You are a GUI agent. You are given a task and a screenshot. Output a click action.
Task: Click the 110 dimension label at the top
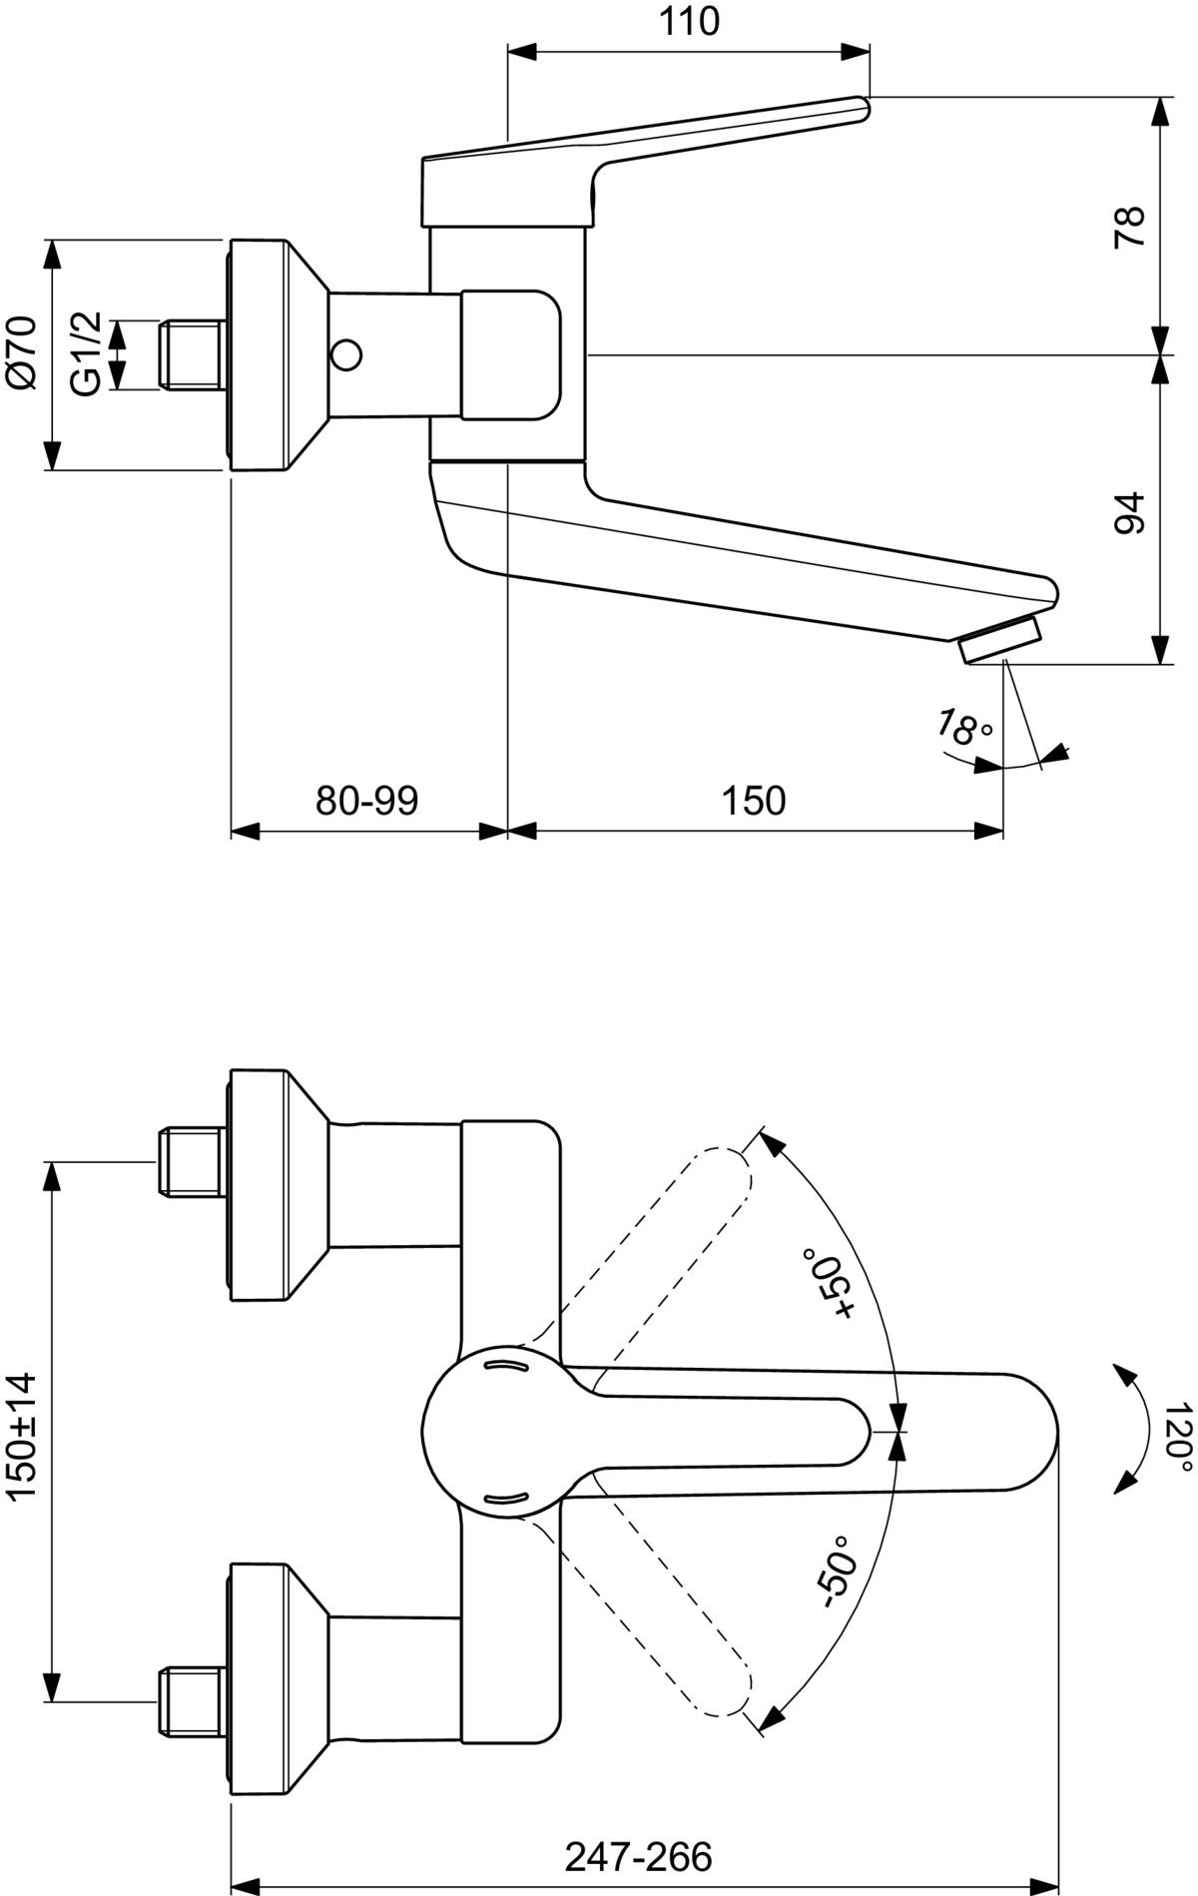pos(690,21)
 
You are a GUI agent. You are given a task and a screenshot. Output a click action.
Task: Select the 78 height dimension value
pos(1129,227)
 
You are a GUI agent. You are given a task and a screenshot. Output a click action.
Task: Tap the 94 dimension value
pos(1129,512)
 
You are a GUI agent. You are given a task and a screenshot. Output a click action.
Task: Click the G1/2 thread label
pos(86,353)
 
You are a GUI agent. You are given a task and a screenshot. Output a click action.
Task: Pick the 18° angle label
pos(964,728)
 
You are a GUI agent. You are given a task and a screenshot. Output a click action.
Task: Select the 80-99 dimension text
pos(366,800)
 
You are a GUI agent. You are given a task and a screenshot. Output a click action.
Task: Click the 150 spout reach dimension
pos(754,800)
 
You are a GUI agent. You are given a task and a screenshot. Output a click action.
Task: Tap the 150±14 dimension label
pos(21,1435)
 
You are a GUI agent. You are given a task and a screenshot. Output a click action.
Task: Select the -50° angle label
pos(835,1571)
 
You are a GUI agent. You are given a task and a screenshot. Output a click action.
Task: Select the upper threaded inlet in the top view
pos(192,1160)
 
